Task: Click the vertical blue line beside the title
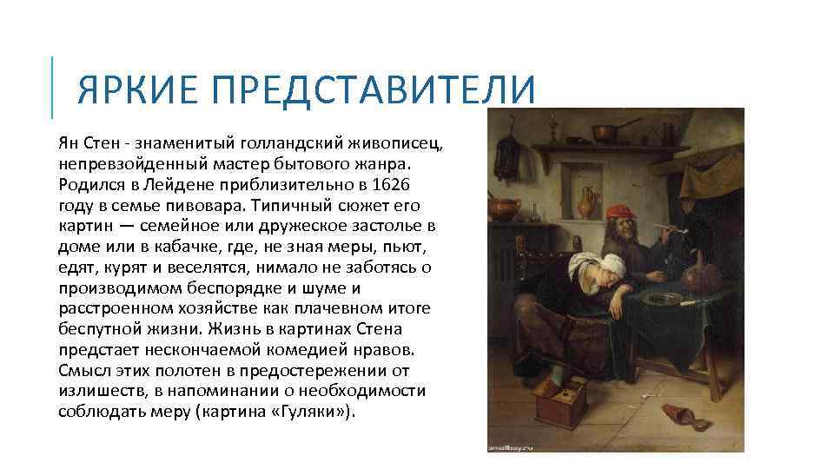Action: (x=52, y=87)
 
